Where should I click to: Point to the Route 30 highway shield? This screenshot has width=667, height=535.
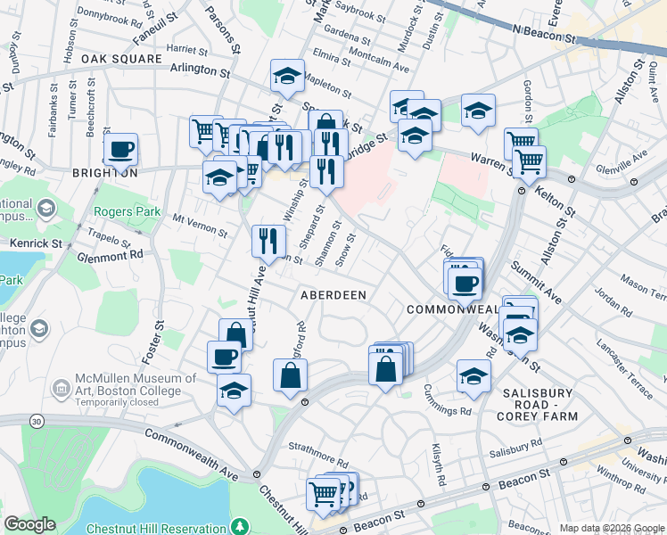(x=35, y=420)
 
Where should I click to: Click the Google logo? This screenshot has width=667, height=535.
(x=29, y=524)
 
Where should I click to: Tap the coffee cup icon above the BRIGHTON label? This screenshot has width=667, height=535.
(x=120, y=150)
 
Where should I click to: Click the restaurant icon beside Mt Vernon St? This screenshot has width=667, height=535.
(x=268, y=239)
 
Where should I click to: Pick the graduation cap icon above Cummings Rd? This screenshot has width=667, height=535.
(x=473, y=376)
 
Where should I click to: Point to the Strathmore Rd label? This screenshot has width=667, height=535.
(x=316, y=445)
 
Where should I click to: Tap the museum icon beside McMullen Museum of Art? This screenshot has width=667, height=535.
(x=62, y=389)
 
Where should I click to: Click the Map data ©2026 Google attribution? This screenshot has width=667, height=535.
(x=611, y=528)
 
